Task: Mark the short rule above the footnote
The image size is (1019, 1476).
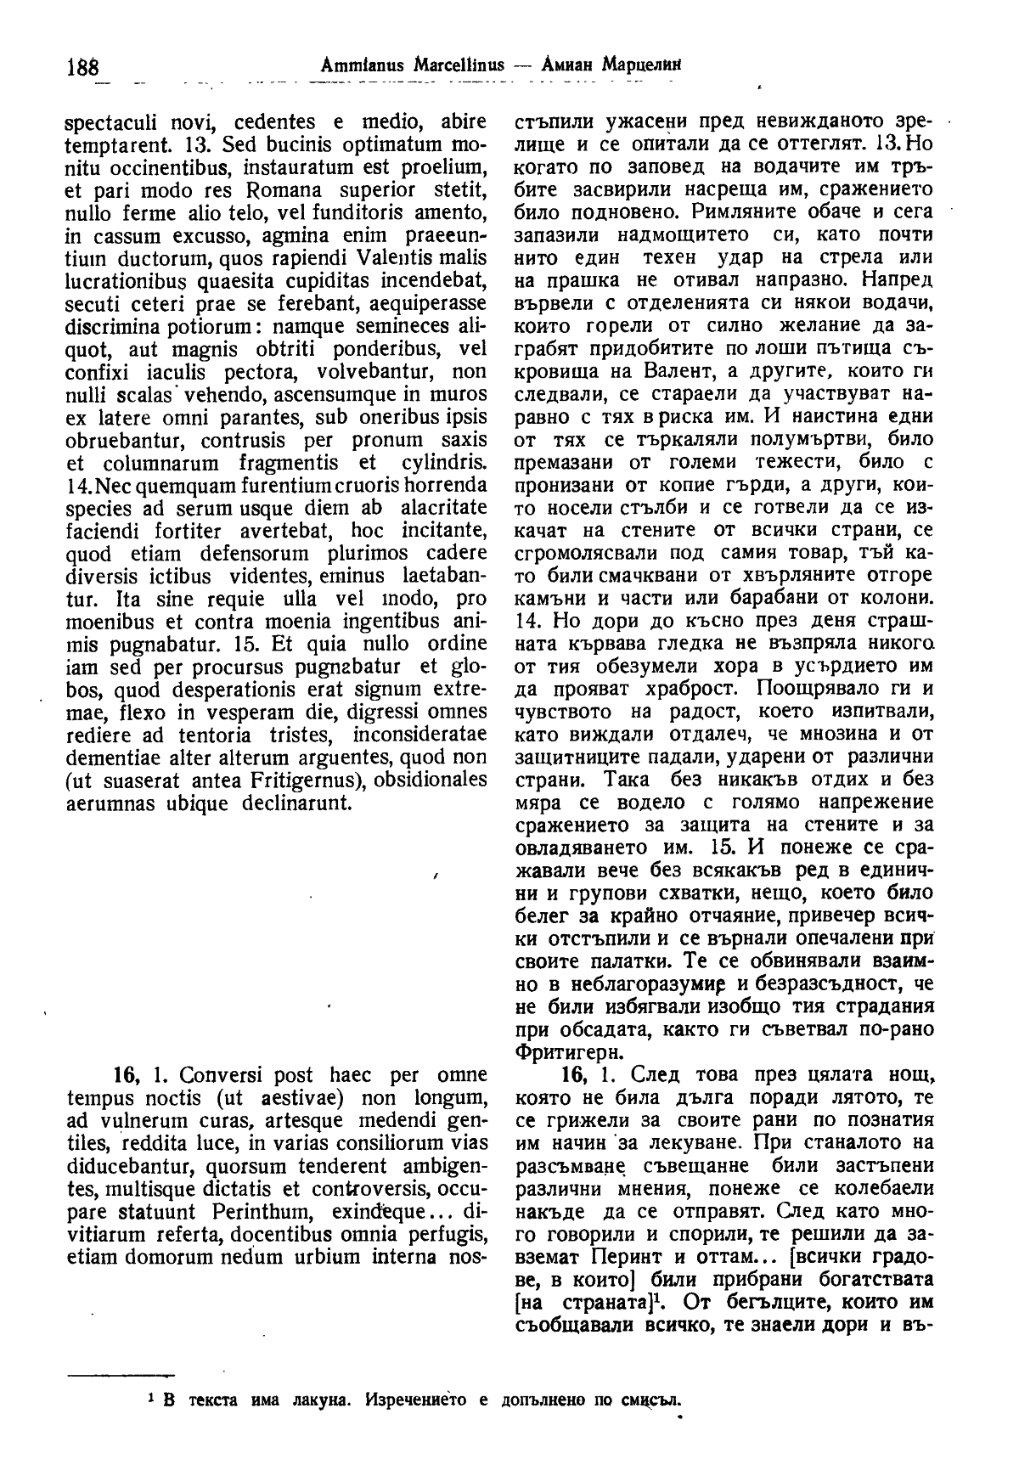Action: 120,1373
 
